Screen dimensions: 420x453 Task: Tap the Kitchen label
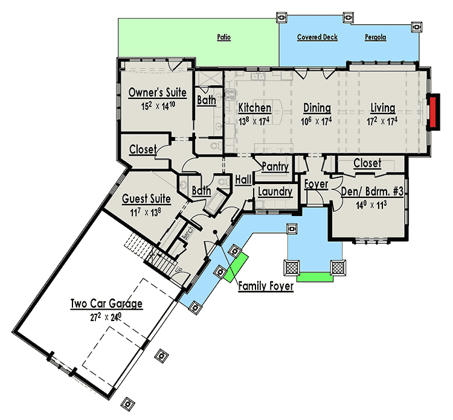point(254,108)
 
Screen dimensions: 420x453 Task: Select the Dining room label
point(317,108)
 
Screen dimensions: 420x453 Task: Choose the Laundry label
point(275,192)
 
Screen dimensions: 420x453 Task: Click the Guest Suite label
point(146,199)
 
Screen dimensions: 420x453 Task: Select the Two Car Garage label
point(106,304)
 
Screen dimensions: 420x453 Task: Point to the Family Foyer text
point(265,285)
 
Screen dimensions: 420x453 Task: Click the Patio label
point(224,37)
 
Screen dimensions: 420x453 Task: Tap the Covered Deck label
point(317,37)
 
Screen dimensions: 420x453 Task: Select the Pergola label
point(375,37)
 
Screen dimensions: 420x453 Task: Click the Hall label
point(243,179)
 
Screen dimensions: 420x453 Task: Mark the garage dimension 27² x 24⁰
point(106,315)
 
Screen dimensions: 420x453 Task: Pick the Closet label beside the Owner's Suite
point(143,149)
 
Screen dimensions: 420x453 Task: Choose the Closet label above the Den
point(367,163)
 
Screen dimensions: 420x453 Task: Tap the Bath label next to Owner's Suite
point(206,101)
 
